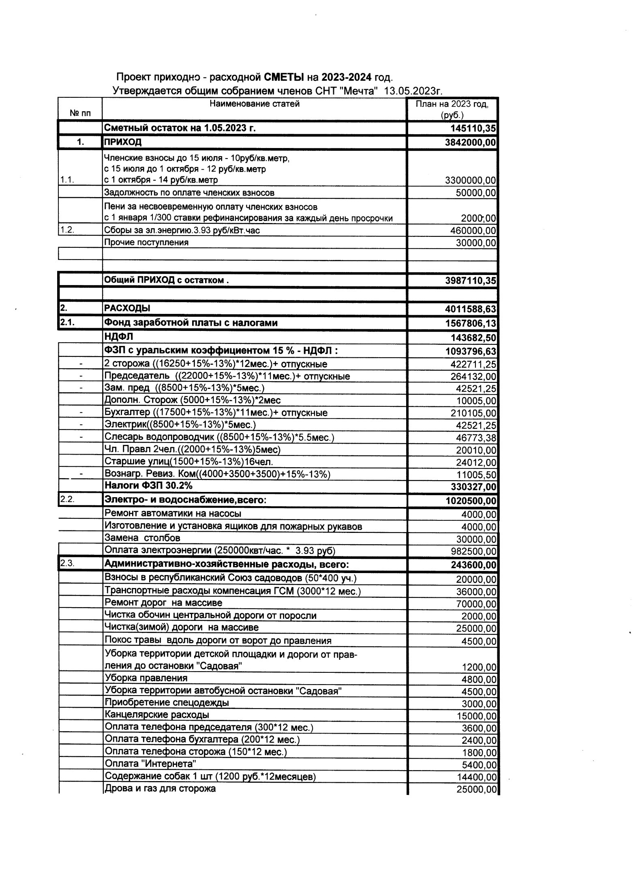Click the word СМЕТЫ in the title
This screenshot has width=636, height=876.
point(284,77)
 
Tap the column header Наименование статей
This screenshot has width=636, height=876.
point(254,104)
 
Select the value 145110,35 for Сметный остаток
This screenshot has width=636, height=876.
point(473,129)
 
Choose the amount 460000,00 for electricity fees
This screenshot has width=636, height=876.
point(473,231)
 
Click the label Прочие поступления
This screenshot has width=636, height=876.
point(146,243)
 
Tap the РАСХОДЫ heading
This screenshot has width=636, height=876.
point(127,308)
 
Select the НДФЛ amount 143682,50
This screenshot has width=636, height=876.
point(473,338)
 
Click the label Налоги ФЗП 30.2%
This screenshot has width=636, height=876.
point(148,485)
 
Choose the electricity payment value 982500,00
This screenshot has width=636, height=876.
point(473,552)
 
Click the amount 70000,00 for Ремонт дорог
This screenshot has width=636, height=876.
point(476,604)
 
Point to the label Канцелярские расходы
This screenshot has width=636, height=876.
point(157,715)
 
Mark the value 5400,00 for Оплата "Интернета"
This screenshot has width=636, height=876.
point(479,764)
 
